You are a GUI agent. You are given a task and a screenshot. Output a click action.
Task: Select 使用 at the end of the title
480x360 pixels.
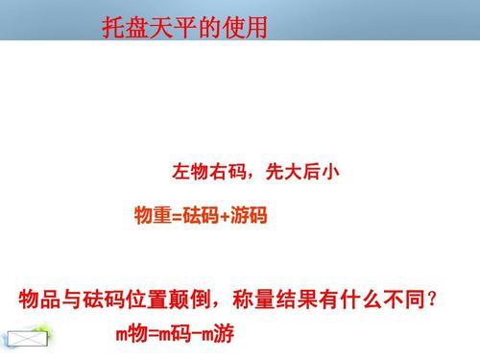pos(245,28)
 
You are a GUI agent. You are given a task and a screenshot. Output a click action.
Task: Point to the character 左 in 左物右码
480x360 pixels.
pos(181,172)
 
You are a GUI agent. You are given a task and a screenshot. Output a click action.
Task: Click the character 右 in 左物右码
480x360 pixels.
pos(218,172)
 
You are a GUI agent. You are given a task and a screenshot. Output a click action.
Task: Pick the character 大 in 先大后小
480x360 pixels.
pos(293,172)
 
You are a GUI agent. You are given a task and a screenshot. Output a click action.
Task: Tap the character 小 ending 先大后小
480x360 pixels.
pos(330,172)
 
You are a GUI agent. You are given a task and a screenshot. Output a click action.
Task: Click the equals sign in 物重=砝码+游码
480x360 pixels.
pos(177,216)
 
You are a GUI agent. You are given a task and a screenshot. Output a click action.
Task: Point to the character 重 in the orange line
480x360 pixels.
pos(162,215)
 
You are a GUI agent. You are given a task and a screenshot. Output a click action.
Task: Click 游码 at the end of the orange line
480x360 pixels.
pos(249,215)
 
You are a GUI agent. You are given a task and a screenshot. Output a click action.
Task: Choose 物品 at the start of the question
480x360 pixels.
pos(40,300)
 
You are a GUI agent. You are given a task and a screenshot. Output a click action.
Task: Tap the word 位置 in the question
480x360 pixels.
pos(147,300)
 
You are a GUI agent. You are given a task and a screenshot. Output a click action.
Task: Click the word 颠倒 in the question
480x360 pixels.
pos(190,300)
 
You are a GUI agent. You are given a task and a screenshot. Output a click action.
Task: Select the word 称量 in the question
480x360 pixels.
pos(254,300)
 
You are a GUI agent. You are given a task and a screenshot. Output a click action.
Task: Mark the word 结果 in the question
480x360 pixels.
pos(297,300)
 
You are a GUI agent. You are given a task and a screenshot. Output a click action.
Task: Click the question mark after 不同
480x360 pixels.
pos(432,300)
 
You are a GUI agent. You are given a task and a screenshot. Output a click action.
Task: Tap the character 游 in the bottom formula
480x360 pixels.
pos(224,334)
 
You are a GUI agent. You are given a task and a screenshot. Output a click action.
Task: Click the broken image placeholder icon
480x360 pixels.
pos(28,339)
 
